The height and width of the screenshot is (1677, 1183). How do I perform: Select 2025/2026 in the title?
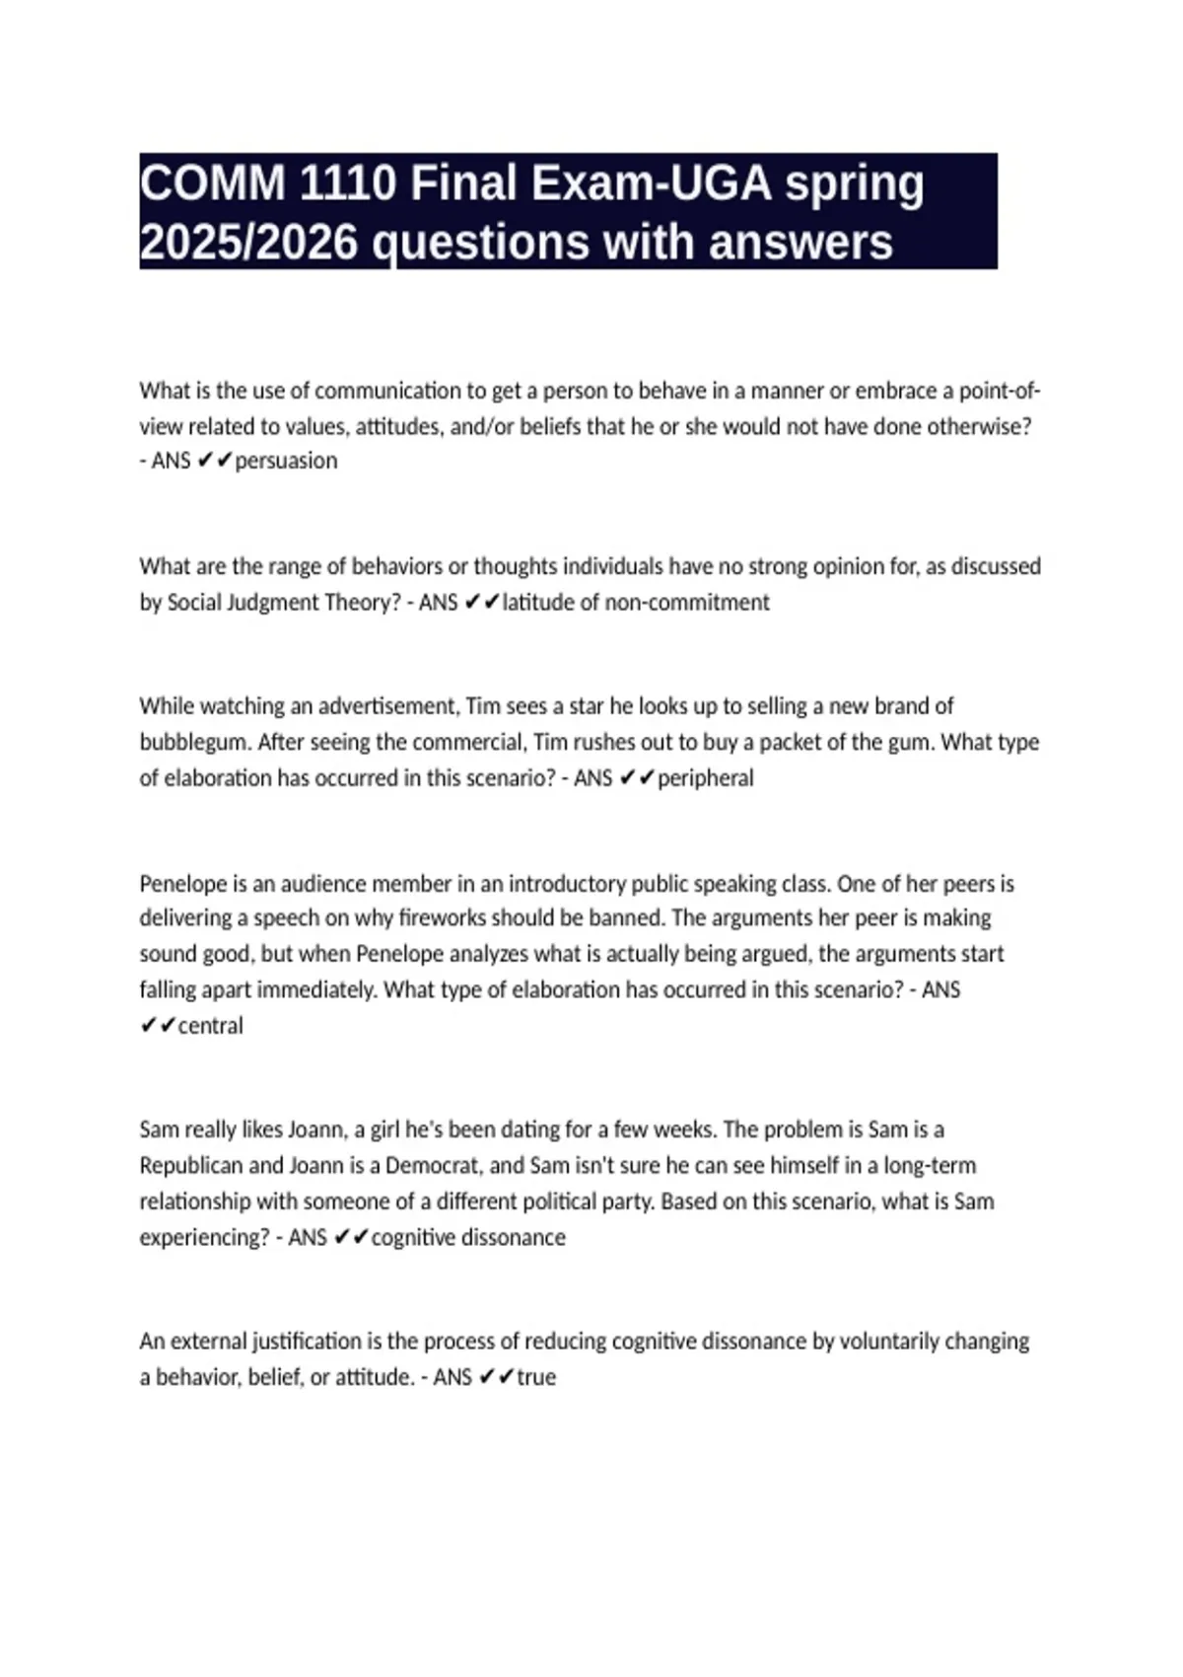pos(250,242)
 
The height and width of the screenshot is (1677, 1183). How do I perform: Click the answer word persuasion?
pos(286,461)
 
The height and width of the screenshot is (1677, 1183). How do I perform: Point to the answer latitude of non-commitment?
pos(636,602)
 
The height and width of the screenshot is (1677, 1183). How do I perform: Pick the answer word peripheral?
pos(705,778)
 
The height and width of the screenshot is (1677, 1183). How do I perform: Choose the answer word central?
pos(210,1026)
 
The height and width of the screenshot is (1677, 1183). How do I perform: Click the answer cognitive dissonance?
pos(468,1237)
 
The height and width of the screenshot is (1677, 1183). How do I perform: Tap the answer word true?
pos(536,1377)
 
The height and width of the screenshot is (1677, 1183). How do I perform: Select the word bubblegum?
pos(193,742)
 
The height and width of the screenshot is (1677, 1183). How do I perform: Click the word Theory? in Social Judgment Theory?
pos(363,602)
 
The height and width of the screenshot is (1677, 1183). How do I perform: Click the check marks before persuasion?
pos(215,461)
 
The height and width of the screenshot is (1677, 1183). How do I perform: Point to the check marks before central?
pos(158,1026)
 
